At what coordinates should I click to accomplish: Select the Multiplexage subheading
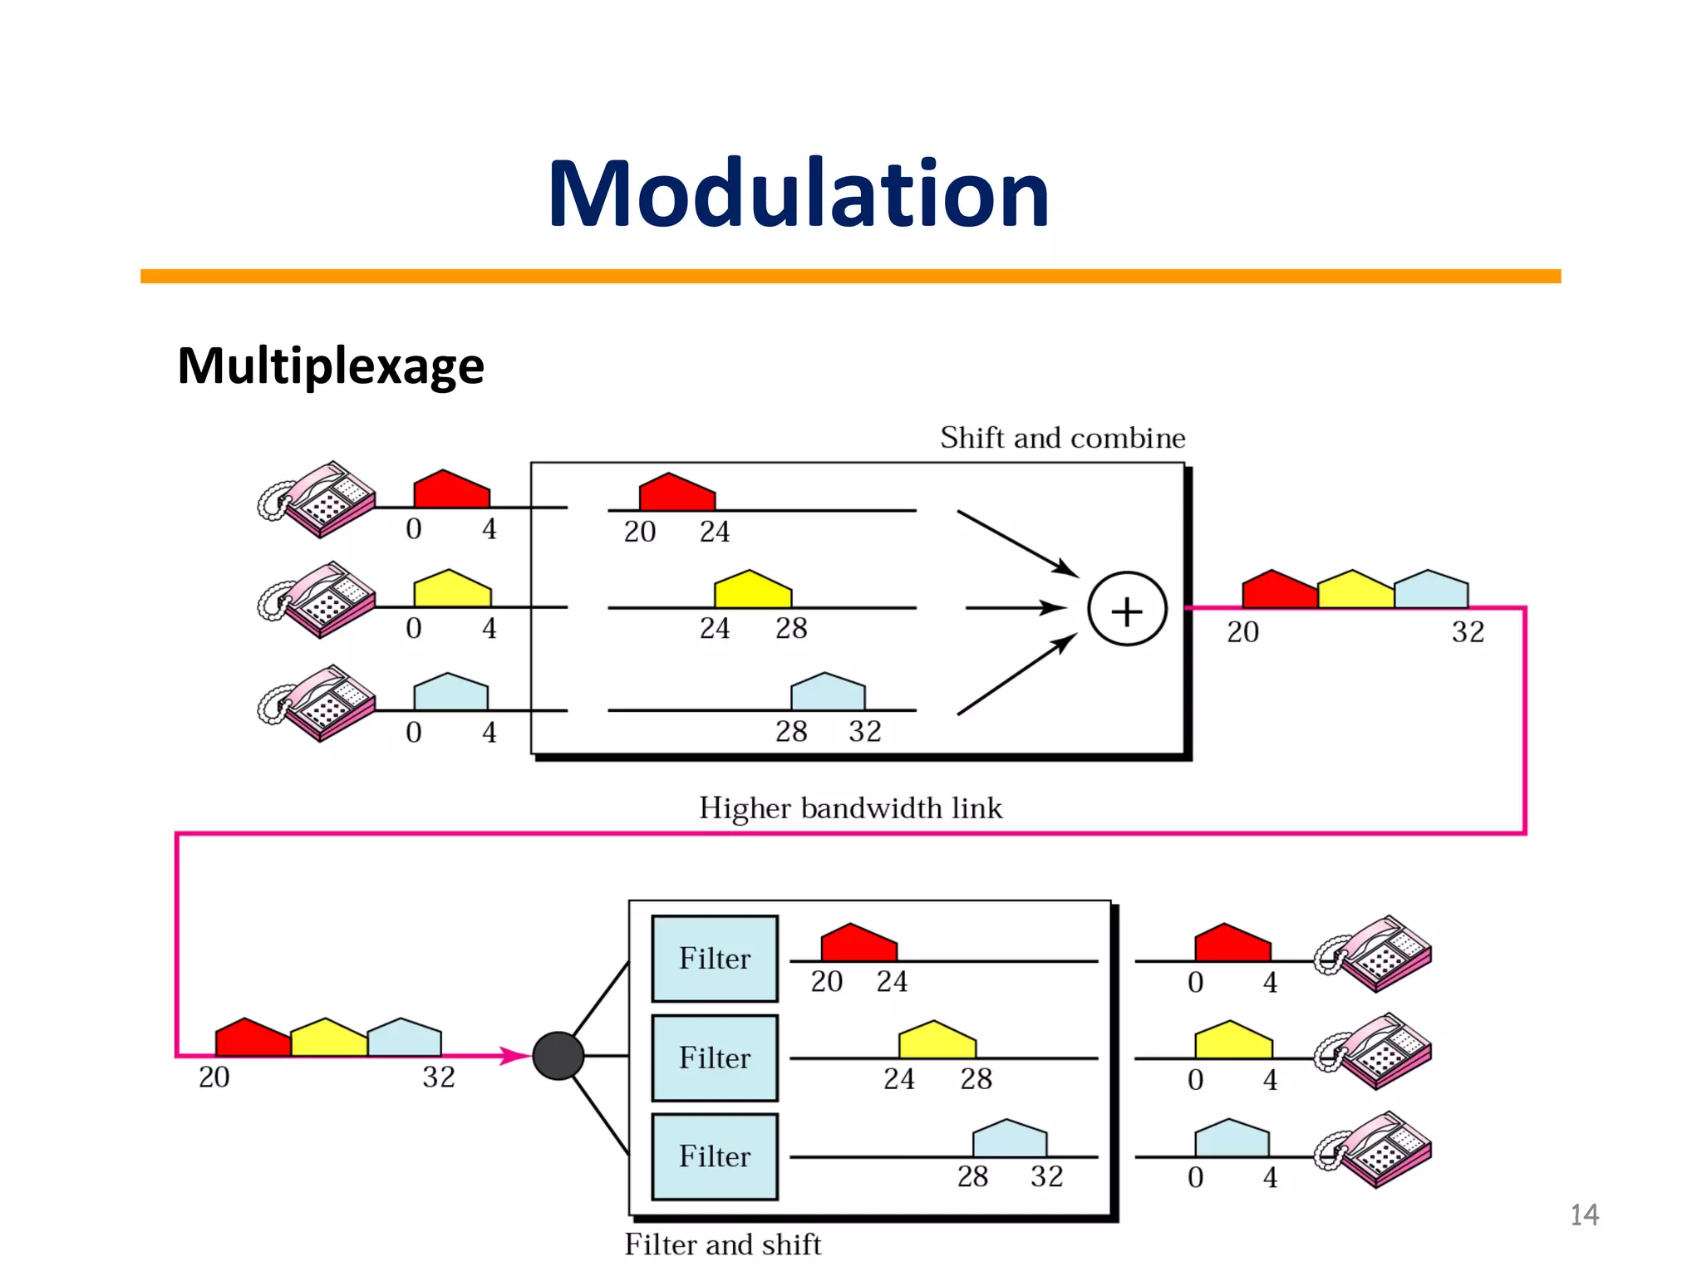331,366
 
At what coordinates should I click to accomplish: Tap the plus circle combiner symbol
1127,610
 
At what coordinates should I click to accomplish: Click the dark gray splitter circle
558,1056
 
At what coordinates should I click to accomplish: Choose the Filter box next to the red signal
715,959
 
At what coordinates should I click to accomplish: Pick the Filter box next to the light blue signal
715,1156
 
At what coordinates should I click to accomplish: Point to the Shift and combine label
1062,438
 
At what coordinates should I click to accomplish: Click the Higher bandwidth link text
850,808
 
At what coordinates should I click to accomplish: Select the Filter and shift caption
722,1244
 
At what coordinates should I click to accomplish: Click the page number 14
1584,1215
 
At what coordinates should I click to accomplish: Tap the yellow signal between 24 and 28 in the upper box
753,590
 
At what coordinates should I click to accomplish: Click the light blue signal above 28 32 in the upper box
828,693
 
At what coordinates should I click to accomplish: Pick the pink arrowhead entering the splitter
515,1056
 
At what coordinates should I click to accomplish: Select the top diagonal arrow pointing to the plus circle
1018,544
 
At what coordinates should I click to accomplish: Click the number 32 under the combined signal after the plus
1468,632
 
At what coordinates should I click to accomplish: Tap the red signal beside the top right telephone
1232,944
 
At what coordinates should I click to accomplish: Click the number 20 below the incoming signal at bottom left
214,1077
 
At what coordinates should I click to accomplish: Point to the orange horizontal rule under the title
850,276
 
